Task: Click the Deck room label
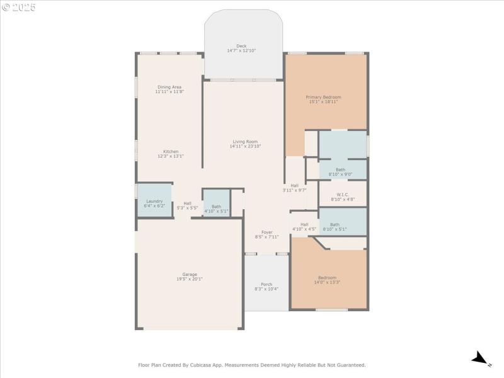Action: [241, 46]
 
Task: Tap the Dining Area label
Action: [169, 87]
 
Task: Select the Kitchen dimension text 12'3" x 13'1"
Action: [171, 156]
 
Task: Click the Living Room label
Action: [245, 142]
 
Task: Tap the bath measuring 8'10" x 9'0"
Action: [340, 169]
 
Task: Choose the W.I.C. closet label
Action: [343, 195]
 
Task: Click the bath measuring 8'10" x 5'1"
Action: [335, 225]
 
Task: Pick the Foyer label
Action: [267, 232]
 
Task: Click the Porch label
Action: [266, 284]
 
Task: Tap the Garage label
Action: [190, 274]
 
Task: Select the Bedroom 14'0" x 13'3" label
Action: [327, 278]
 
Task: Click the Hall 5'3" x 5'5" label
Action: [187, 203]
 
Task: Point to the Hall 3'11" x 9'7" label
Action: [294, 185]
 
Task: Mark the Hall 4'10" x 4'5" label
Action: [304, 224]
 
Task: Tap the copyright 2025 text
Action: [19, 8]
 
